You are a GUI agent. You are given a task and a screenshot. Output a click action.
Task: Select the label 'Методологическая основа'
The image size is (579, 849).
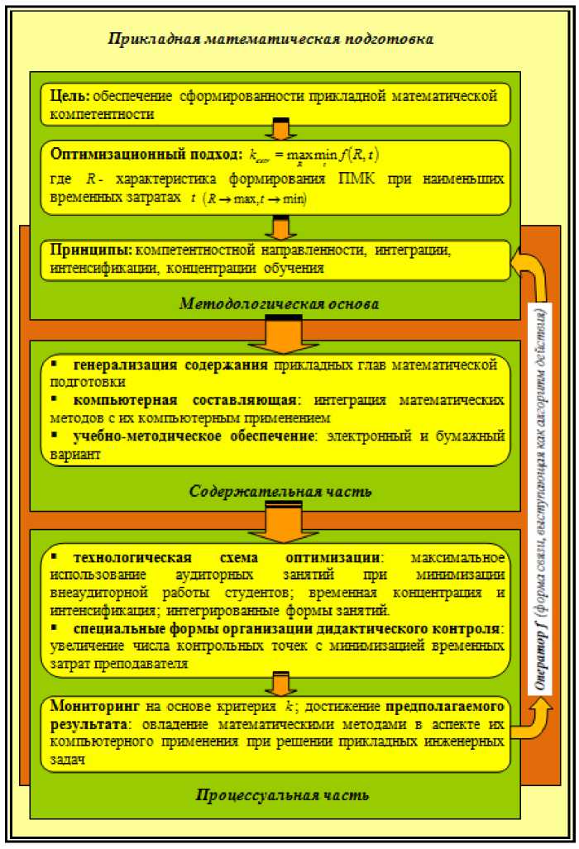tap(279, 304)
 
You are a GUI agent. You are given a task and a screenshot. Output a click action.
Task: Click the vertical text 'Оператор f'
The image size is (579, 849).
tap(538, 657)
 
